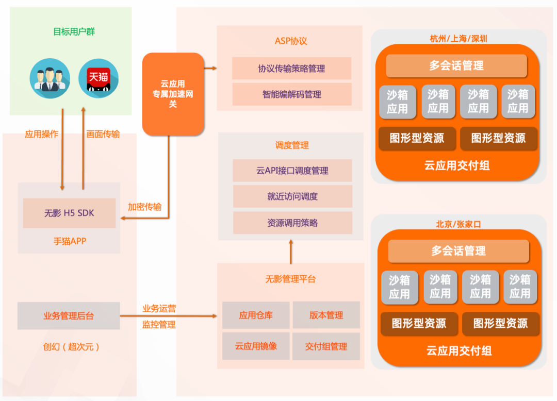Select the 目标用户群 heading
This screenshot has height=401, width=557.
[x=74, y=32]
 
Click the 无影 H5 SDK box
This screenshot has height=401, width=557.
[x=69, y=213]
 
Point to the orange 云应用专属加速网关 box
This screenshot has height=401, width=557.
[x=173, y=94]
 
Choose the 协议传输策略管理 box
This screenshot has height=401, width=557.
[x=291, y=69]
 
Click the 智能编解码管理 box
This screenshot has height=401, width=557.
[x=291, y=94]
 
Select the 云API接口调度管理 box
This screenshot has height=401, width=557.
[x=292, y=171]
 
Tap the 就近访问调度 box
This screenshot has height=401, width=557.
[x=292, y=196]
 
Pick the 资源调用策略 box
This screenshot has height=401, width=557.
[x=292, y=223]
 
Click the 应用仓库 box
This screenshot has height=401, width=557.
[x=255, y=315]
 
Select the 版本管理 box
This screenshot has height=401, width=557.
[x=326, y=315]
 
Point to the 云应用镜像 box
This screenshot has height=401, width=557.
[x=255, y=346]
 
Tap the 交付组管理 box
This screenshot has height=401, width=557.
[x=326, y=346]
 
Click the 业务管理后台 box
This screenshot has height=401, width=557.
[x=69, y=316]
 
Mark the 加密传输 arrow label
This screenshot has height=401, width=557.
[x=144, y=207]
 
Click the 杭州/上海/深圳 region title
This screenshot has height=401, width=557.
[x=458, y=39]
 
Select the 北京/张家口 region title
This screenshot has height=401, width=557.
[x=458, y=224]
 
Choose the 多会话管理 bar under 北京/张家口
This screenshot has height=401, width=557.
[x=458, y=251]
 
